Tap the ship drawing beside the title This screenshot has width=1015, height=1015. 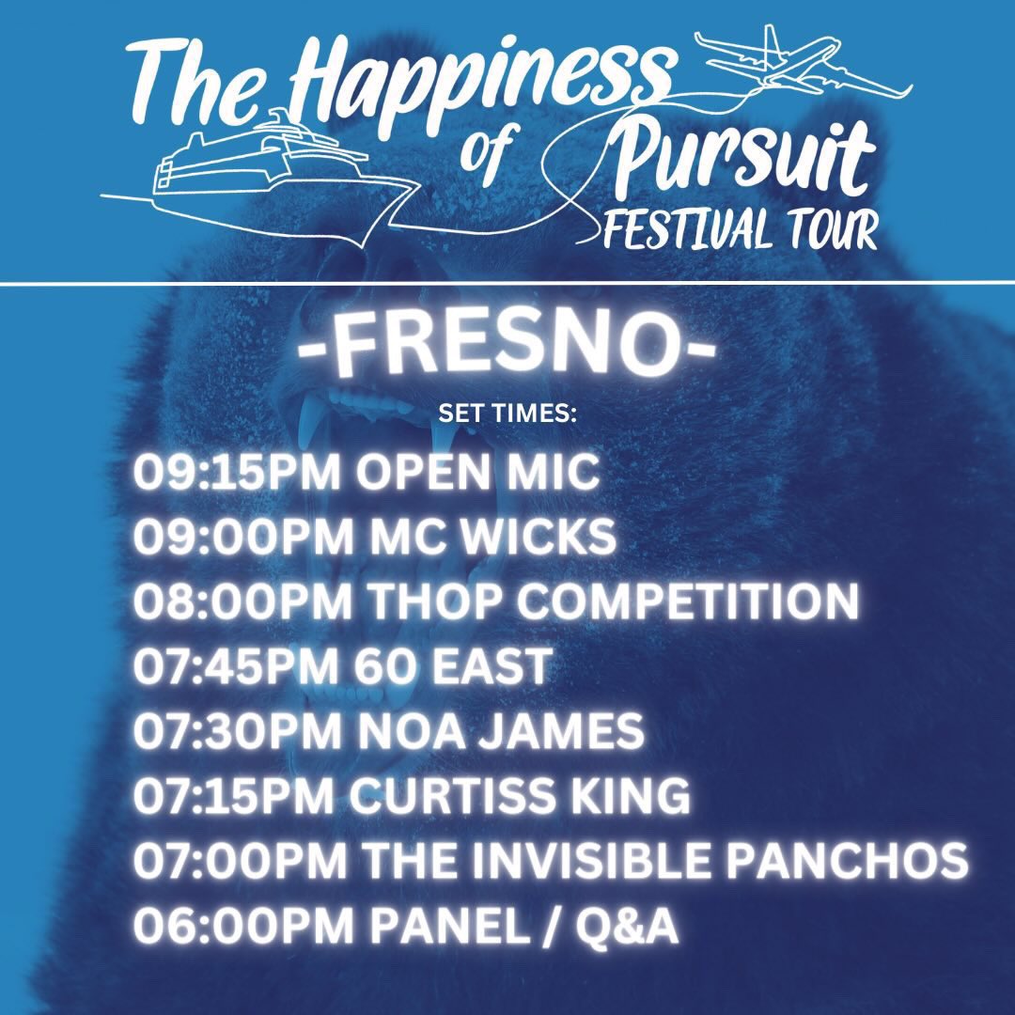coord(273,169)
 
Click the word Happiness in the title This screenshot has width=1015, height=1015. coord(479,70)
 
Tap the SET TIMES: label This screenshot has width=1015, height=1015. coord(507,414)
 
